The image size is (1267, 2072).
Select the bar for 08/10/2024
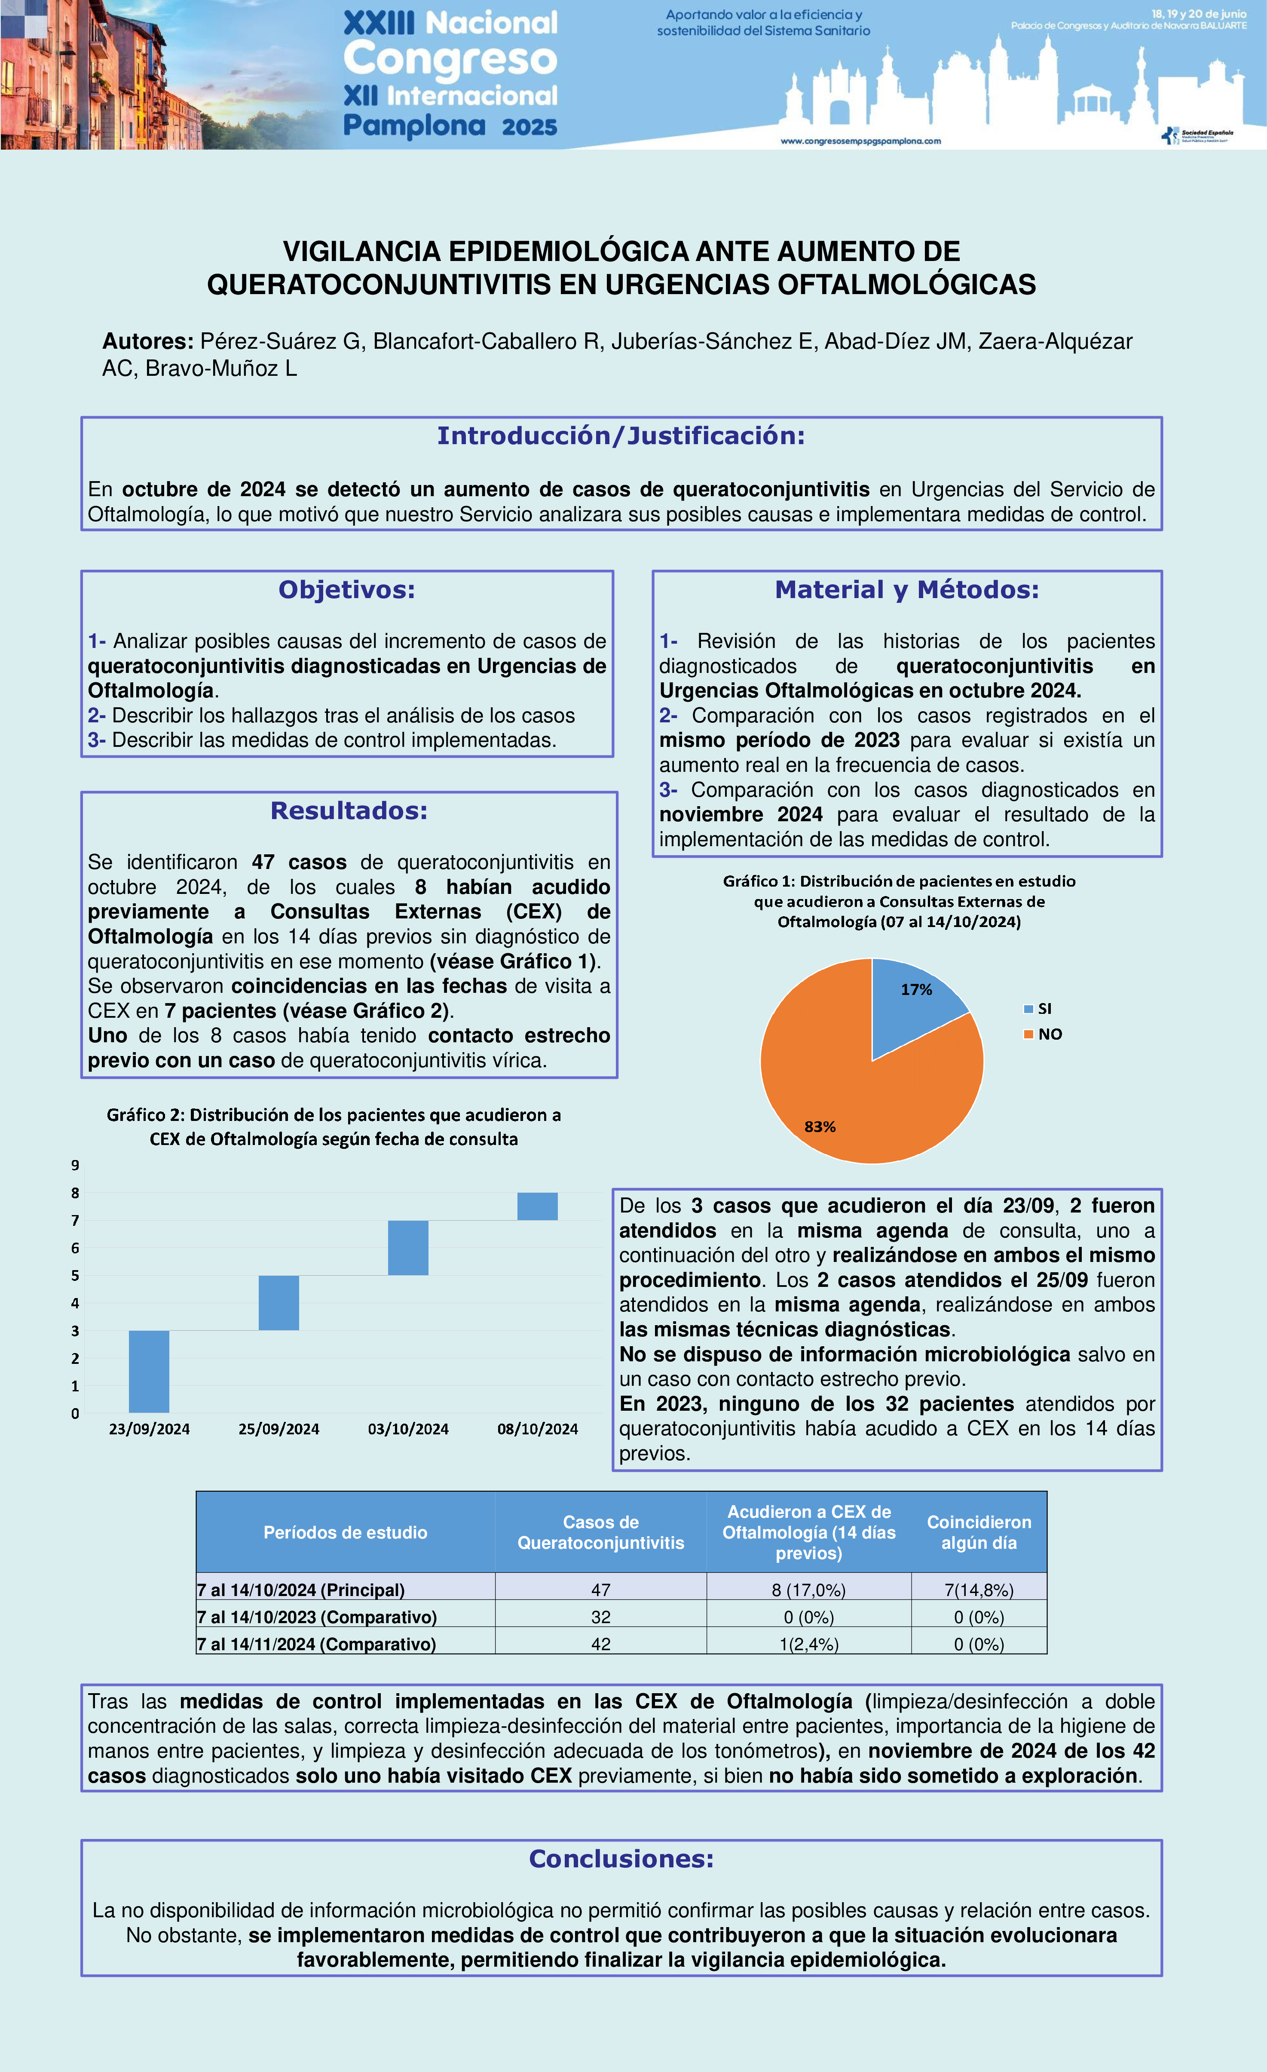click(537, 1206)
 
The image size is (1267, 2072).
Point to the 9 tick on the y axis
click(75, 1165)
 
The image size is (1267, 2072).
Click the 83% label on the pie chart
click(820, 1126)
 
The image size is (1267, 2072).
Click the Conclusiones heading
click(621, 1857)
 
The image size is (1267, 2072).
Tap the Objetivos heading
click(346, 589)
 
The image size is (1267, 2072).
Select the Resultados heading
click(349, 810)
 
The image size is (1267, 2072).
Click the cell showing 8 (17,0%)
click(809, 1589)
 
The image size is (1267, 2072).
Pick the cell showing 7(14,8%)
click(979, 1589)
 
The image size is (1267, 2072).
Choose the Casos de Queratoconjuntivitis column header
click(600, 1532)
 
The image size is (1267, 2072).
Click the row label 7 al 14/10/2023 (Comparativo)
click(317, 1616)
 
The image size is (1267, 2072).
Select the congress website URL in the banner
click(860, 141)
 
